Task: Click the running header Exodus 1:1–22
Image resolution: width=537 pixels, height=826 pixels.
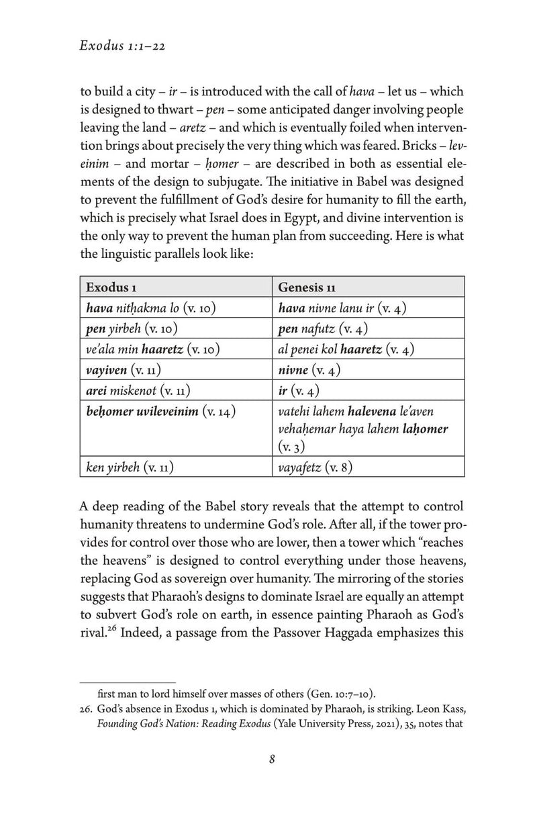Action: click(x=124, y=46)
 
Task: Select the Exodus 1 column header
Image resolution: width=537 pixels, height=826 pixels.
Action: click(x=111, y=287)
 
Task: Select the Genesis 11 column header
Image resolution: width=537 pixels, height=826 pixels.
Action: click(x=307, y=287)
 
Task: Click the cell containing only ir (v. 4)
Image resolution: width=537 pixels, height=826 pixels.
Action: click(x=297, y=391)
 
